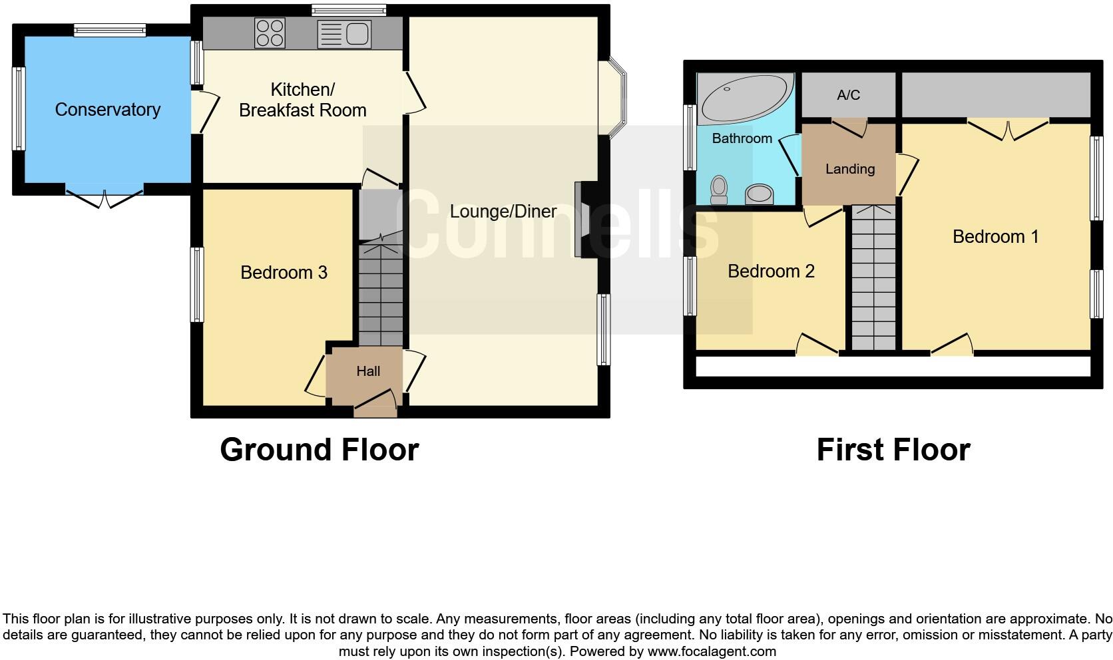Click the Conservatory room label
tap(107, 110)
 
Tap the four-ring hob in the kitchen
tap(270, 33)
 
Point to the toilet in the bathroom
tap(719, 189)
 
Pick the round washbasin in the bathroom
tap(759, 194)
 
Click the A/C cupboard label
tap(848, 95)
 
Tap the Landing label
tap(849, 169)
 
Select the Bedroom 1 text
tap(995, 237)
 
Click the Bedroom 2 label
tap(771, 271)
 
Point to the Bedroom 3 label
tap(284, 273)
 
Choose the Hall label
tap(368, 371)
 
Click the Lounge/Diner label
tap(503, 212)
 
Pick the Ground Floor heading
tap(319, 450)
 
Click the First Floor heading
tap(893, 450)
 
